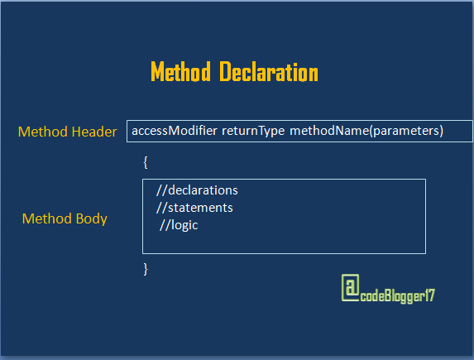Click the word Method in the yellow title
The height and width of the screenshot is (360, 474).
180,72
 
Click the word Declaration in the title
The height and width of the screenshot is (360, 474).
269,72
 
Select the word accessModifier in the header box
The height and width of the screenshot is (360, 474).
174,131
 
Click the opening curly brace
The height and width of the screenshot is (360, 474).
146,162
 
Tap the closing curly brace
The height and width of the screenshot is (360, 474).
146,268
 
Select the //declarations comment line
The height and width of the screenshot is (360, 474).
197,190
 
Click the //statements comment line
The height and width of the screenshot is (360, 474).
194,207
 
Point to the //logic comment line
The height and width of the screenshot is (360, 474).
180,224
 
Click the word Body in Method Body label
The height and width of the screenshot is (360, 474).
91,219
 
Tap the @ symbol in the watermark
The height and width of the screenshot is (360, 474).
350,288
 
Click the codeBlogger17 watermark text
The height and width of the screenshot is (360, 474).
396,294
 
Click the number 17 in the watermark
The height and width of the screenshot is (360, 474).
427,294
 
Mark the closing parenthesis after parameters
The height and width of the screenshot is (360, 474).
442,131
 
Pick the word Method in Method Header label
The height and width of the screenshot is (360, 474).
43,132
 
